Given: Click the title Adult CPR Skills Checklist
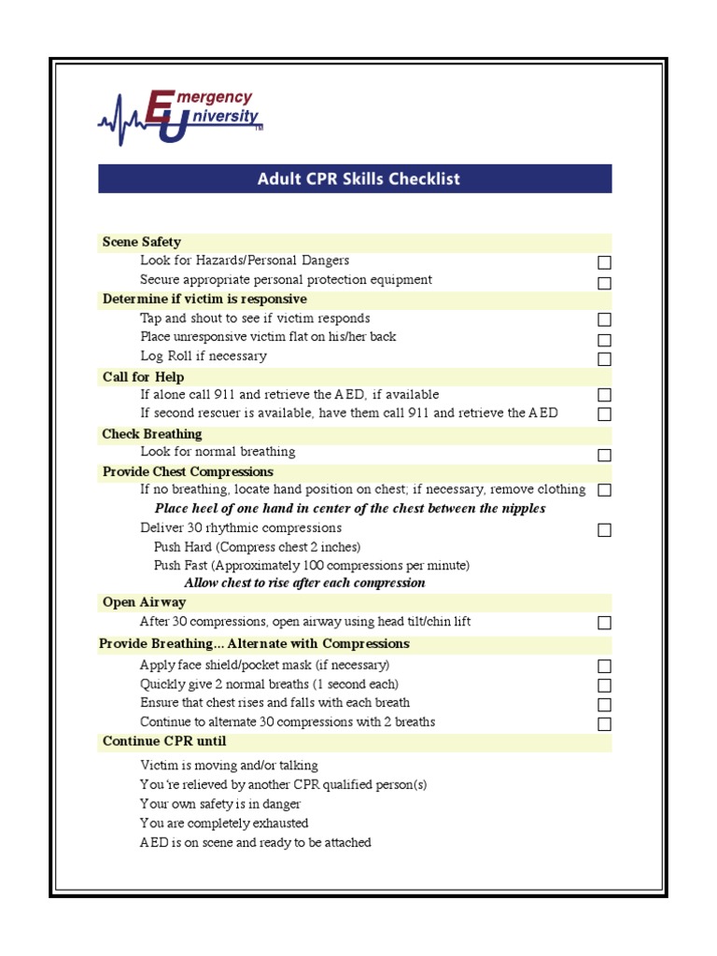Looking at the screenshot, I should [x=358, y=178].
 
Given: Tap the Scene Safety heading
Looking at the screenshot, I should [x=142, y=242].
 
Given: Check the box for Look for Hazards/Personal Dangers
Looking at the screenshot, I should [x=604, y=263].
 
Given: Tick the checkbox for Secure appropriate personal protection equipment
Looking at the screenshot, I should [x=604, y=283].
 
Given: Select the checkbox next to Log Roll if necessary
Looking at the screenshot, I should [x=604, y=358].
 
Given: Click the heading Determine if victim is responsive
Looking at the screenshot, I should [x=204, y=299].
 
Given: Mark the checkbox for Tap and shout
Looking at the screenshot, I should [x=604, y=320].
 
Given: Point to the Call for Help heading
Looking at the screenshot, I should [x=143, y=377].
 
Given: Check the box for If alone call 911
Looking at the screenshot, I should [x=604, y=395].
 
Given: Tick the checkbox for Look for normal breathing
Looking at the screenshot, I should [x=604, y=455].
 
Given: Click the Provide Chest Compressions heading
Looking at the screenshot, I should [x=188, y=471].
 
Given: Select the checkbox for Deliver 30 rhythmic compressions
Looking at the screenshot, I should [x=604, y=530].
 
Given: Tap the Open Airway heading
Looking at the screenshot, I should [x=144, y=602].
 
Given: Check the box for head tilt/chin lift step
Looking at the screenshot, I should [x=604, y=623].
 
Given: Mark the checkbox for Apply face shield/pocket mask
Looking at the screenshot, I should [x=604, y=667].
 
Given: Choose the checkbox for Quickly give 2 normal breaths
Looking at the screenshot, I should [x=604, y=685].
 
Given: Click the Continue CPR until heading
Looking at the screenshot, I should [x=164, y=741].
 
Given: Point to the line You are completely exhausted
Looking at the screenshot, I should [x=224, y=823].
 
